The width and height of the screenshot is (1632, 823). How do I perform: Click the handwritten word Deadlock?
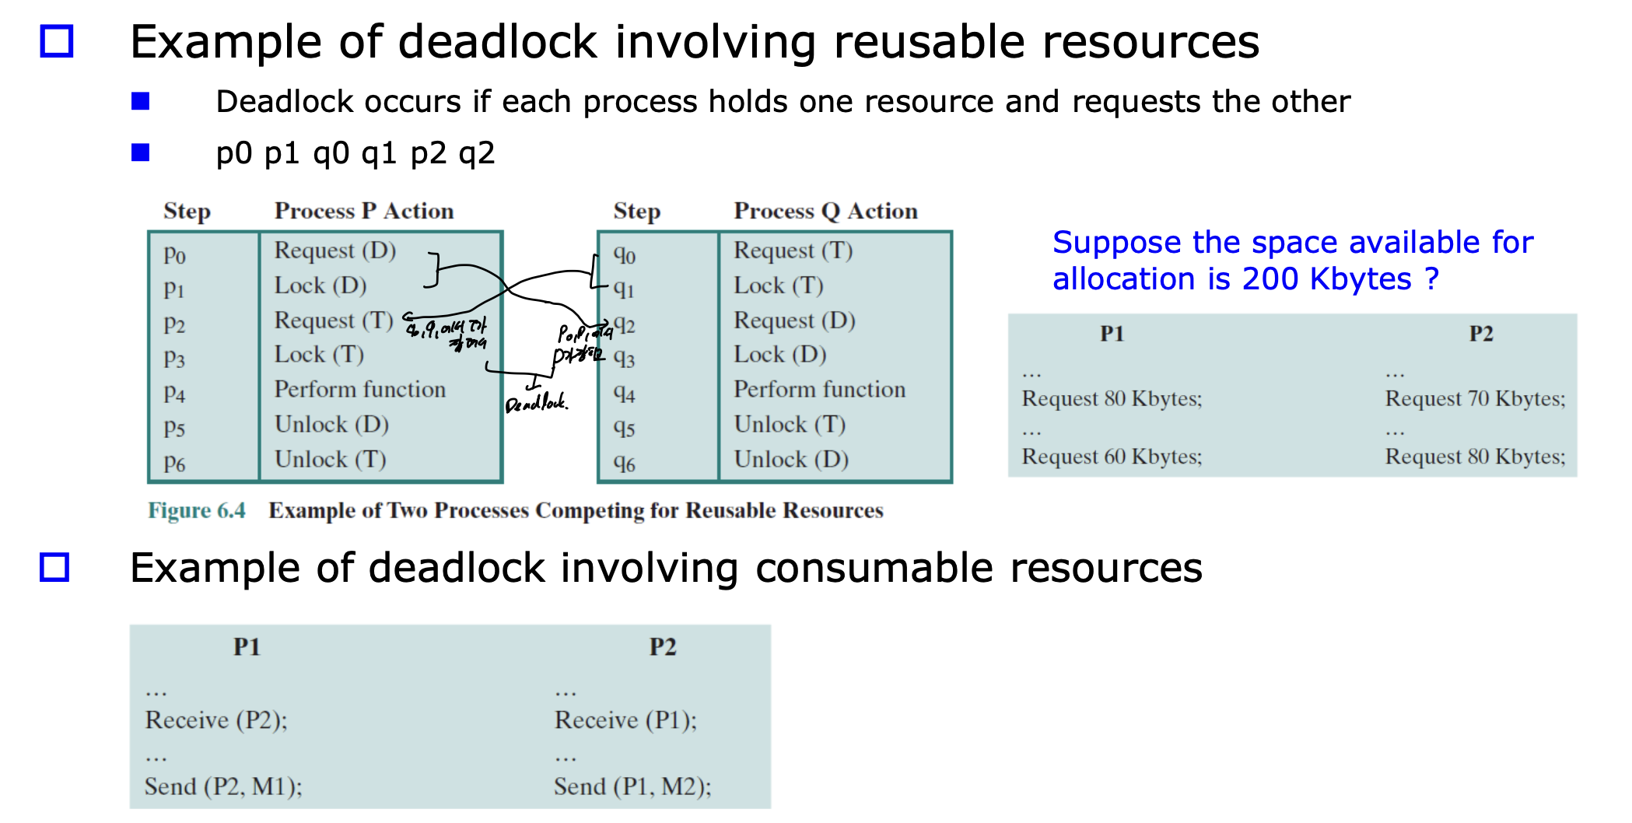(x=536, y=403)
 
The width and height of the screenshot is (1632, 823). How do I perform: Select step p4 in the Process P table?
(x=174, y=394)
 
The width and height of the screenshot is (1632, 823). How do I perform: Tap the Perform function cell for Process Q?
(x=819, y=389)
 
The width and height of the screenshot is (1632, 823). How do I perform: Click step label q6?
(x=624, y=463)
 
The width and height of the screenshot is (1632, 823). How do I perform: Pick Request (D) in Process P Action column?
(x=334, y=250)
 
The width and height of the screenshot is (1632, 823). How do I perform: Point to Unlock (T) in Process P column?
(x=330, y=459)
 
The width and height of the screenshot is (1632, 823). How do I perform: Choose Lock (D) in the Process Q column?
(x=779, y=355)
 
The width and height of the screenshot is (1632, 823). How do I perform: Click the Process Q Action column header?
(x=825, y=211)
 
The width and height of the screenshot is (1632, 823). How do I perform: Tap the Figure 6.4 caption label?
(x=196, y=510)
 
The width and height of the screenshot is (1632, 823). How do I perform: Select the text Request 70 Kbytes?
(x=1474, y=399)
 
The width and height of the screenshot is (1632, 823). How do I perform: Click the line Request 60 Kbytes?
(x=1111, y=457)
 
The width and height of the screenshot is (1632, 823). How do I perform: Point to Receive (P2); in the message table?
(x=215, y=720)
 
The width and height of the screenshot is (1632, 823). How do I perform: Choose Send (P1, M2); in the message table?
(x=632, y=786)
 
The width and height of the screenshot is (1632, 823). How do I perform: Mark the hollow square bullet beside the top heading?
(x=57, y=41)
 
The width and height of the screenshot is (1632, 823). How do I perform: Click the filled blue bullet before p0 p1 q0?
(x=141, y=152)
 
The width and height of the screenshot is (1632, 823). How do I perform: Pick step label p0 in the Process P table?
(x=174, y=254)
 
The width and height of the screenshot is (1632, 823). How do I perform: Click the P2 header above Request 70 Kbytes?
(x=1480, y=334)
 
